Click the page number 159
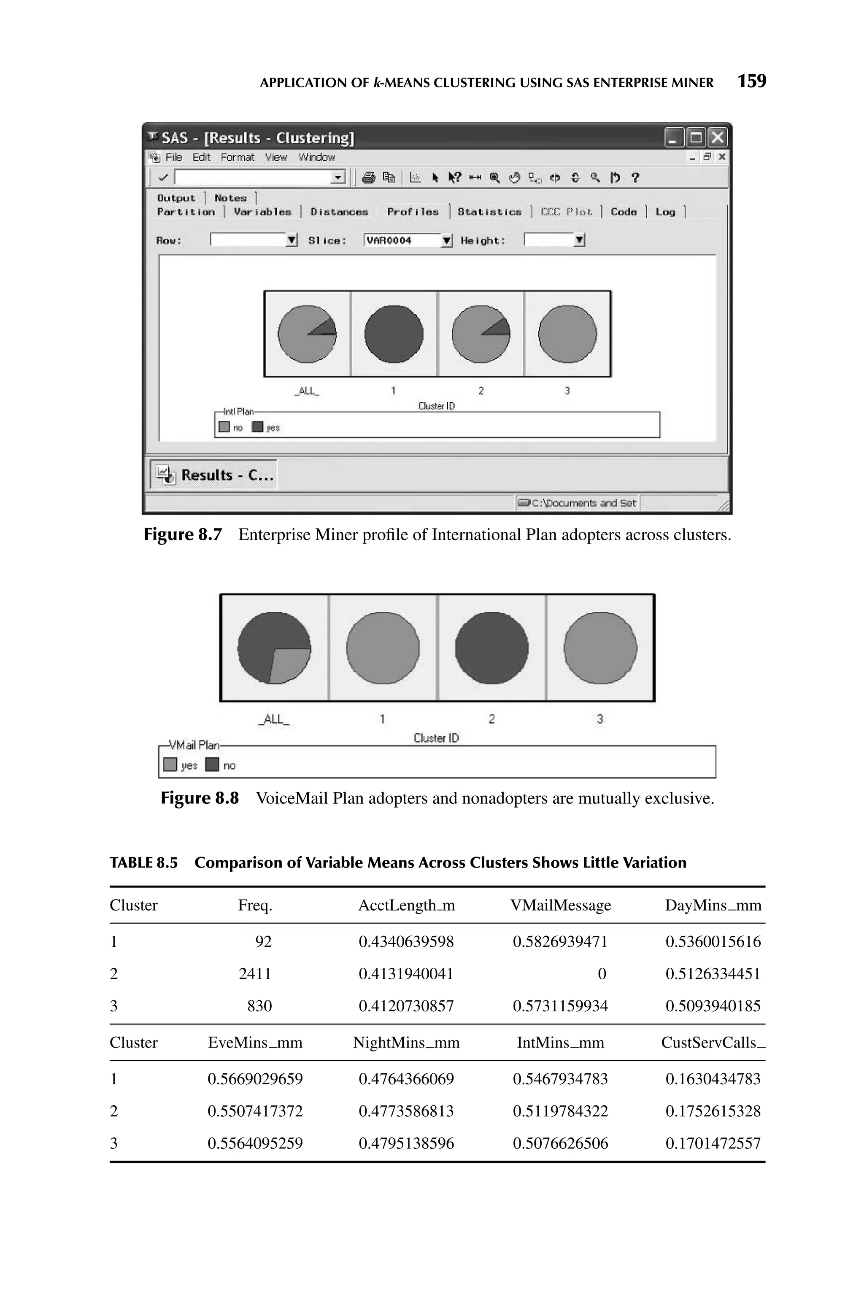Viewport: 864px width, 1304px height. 752,81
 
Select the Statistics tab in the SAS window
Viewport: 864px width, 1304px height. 489,212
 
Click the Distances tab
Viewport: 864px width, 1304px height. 339,212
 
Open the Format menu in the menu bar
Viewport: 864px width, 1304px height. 238,157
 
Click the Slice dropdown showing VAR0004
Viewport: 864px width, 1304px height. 408,241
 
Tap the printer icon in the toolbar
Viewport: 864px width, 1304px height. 369,178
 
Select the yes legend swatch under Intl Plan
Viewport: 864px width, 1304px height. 257,427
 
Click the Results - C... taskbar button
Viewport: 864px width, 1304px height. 214,475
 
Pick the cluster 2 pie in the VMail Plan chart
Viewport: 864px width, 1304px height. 491,648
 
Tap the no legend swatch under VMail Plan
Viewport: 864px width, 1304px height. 212,765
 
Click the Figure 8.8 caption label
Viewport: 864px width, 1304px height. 200,798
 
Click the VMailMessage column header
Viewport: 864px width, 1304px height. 560,906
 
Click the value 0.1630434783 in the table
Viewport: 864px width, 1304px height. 713,1079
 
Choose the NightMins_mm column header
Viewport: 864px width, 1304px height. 406,1043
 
